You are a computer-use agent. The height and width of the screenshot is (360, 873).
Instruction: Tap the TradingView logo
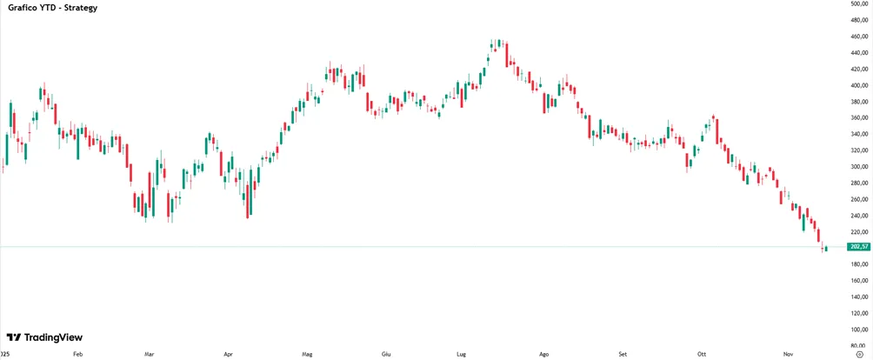44,337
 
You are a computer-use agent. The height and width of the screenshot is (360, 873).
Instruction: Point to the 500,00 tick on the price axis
858,3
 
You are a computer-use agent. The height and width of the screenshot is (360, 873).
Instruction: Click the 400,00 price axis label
858,85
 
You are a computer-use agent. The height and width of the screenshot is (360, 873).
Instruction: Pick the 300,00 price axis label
858,167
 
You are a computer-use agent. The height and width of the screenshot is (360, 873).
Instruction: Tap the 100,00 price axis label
858,330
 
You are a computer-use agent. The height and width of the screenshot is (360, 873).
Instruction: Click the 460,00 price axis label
858,37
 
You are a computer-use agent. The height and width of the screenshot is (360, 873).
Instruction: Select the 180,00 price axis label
858,265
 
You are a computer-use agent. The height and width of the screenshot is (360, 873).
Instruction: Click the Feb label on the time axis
78,354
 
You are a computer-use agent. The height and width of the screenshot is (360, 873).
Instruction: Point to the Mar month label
149,354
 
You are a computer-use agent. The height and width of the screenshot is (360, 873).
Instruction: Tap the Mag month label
307,354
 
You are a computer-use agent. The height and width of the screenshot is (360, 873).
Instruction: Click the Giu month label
386,354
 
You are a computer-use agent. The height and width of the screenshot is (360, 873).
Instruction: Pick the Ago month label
544,354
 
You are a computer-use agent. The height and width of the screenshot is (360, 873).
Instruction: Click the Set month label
623,354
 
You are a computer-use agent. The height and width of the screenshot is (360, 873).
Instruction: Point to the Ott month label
701,354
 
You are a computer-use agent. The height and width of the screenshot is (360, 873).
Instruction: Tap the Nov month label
788,354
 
